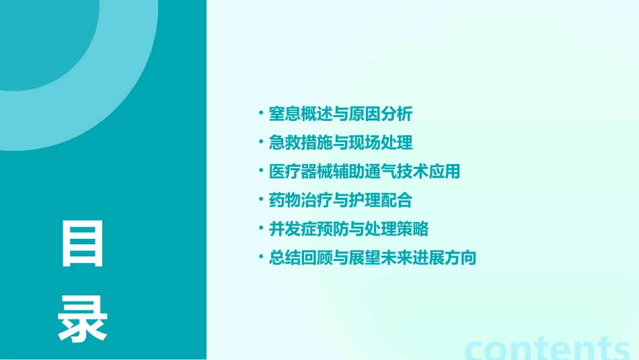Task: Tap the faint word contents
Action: click(548, 349)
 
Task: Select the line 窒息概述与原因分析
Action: click(340, 114)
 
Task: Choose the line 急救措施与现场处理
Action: click(340, 143)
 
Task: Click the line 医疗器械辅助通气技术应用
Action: click(364, 172)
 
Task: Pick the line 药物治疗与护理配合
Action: click(340, 201)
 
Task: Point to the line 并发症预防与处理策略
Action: click(348, 229)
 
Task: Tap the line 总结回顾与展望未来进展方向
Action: click(372, 258)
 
